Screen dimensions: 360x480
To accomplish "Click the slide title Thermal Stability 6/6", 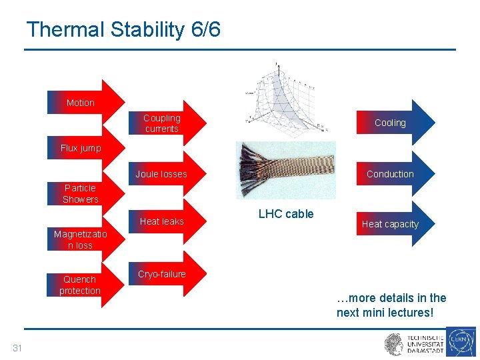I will coord(123,29).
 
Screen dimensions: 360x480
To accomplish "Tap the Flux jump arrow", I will coord(81,148).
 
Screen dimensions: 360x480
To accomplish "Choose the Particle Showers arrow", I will coord(81,193).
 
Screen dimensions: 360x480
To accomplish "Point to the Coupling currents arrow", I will coord(162,123).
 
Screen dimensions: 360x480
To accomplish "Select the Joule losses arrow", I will coord(162,174).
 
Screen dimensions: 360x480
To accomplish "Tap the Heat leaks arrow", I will coord(162,221).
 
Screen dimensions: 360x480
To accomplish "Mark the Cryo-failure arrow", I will coord(162,274).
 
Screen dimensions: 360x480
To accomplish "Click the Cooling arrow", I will coord(391,123).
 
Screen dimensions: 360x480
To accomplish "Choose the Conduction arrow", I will coord(391,174).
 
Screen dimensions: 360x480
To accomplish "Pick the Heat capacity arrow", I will coord(391,224).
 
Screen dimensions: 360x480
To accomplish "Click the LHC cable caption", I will coord(285,214).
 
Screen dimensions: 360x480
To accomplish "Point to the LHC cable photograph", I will coord(285,170).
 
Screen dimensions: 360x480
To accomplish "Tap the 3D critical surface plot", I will coord(283,97).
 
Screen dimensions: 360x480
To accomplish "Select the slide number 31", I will coord(17,347).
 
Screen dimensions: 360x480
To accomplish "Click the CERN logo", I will coord(461,342).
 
